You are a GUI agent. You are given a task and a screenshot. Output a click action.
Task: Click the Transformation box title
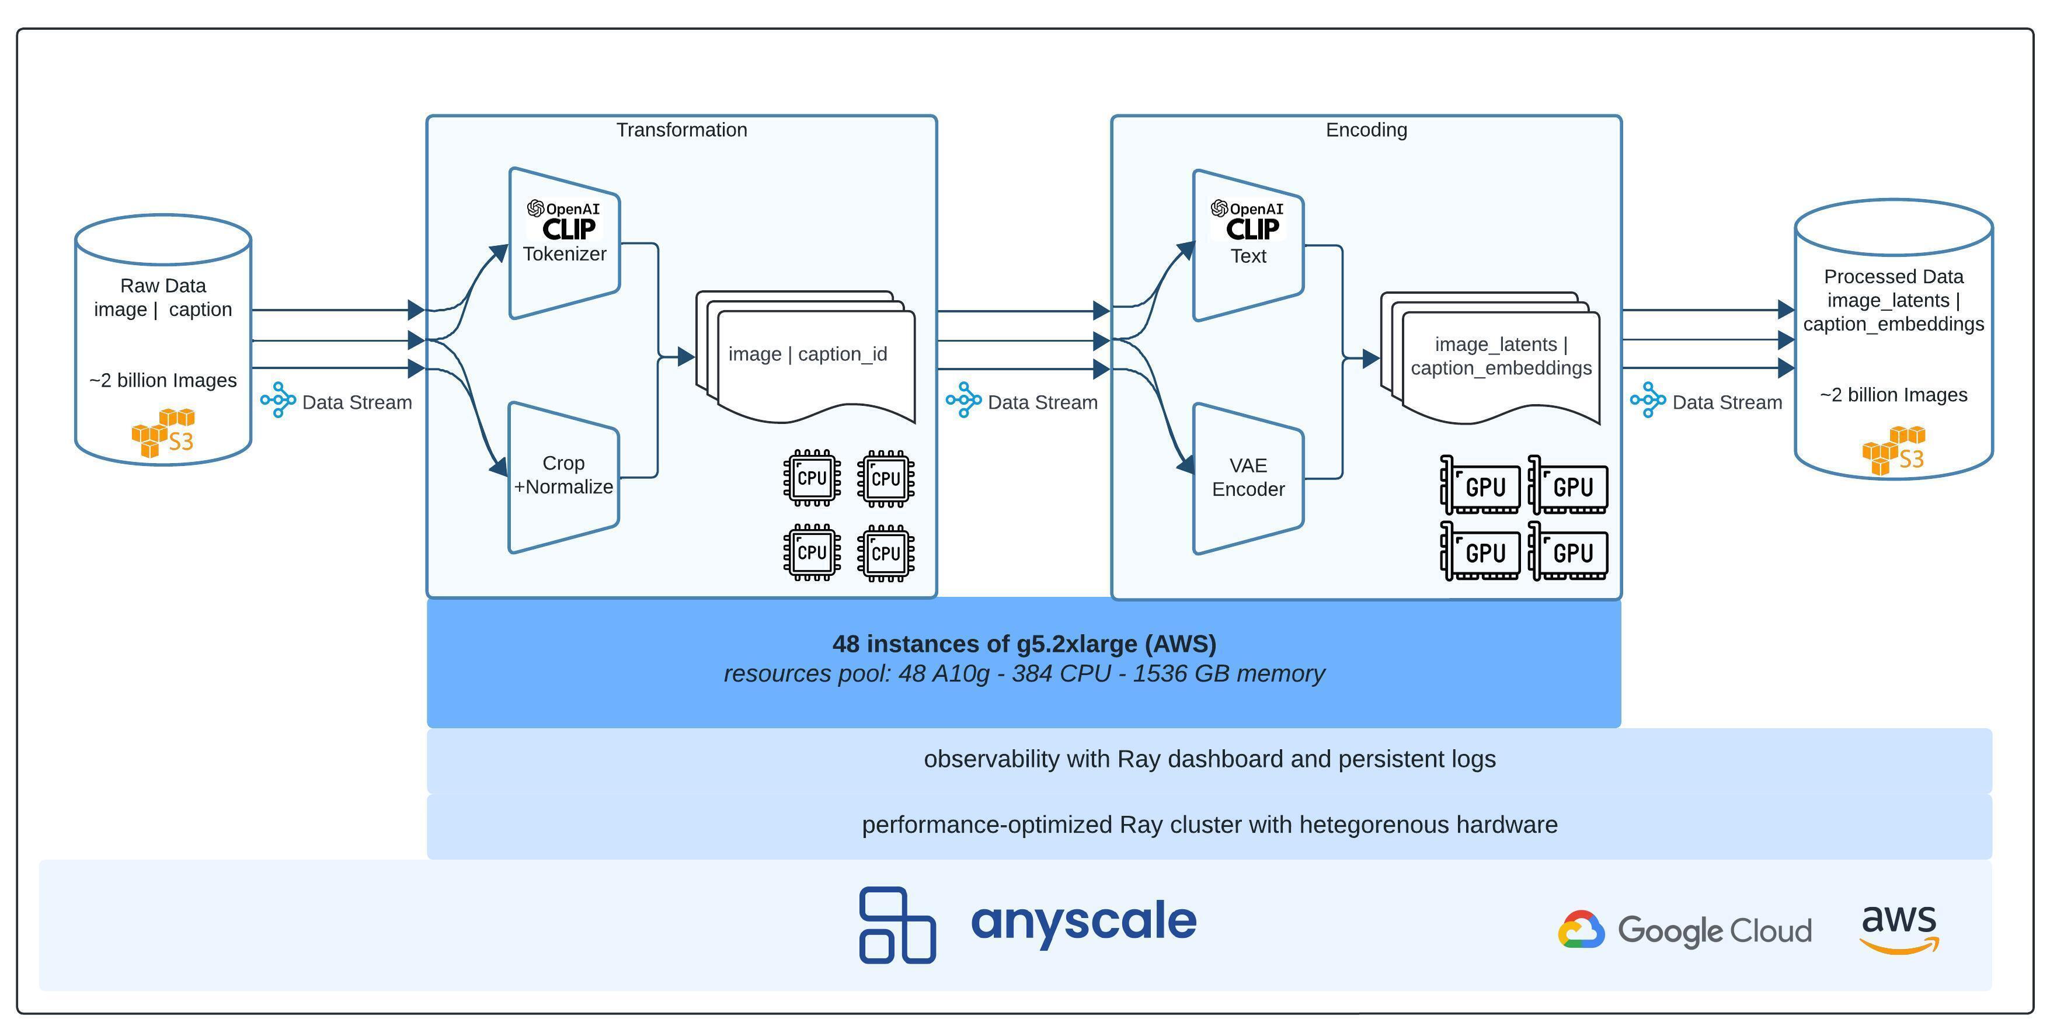[681, 130]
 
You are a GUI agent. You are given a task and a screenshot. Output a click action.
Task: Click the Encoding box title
[1366, 130]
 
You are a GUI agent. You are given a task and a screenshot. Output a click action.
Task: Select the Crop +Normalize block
[564, 476]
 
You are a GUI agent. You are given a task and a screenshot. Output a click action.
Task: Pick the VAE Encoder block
[1248, 478]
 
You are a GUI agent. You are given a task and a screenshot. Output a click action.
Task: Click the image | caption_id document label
[808, 354]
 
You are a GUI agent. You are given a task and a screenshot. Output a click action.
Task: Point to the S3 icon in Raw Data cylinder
[163, 433]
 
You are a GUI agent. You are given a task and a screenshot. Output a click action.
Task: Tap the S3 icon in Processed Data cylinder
[1894, 450]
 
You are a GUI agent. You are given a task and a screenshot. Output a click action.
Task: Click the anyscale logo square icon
[897, 925]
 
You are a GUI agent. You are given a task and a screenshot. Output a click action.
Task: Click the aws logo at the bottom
[1899, 928]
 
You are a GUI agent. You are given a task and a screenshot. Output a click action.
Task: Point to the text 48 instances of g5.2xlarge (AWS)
[1024, 644]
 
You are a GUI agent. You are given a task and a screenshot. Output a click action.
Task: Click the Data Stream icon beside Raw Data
[278, 399]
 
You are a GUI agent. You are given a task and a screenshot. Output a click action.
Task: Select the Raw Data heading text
[163, 286]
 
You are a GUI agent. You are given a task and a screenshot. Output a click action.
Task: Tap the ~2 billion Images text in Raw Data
[163, 380]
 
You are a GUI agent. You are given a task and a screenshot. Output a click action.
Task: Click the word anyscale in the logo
[1084, 922]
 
